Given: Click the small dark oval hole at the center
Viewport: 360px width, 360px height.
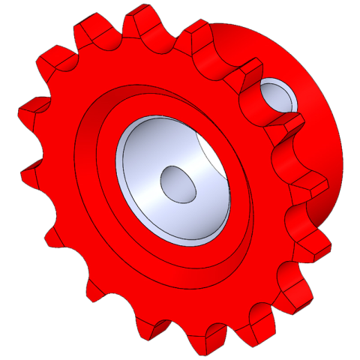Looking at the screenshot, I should tap(178, 184).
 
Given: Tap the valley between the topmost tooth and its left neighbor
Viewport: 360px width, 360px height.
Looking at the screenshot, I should tap(112, 41).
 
